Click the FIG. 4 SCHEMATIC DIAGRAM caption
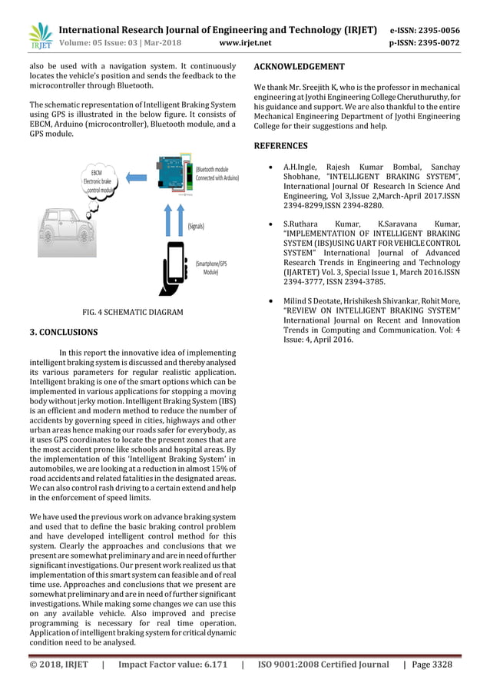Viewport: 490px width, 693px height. click(x=132, y=312)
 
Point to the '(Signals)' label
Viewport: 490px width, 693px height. click(x=200, y=226)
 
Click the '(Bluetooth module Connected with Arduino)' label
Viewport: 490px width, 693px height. click(x=217, y=173)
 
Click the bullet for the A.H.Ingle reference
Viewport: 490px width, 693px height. click(x=265, y=167)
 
